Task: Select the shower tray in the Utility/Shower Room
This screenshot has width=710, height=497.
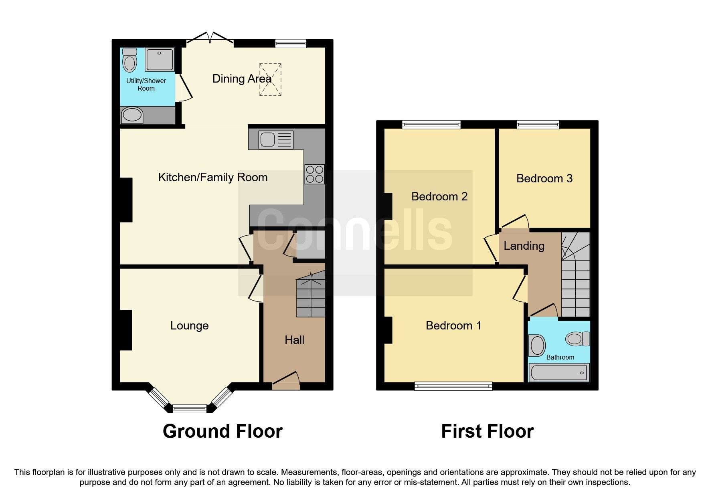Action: coord(160,59)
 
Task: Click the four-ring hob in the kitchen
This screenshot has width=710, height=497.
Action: coord(314,174)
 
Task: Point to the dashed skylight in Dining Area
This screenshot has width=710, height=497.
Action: coord(270,80)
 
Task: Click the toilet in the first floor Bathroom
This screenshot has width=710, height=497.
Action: coord(577,339)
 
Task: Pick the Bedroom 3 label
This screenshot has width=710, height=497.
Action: coord(544,178)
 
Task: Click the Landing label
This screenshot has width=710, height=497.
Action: coord(524,246)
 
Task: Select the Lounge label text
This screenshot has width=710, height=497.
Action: coord(189,325)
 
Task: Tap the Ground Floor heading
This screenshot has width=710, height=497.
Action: coord(223,431)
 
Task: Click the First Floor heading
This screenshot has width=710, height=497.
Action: coord(487,431)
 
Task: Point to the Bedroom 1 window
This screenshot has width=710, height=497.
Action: coord(453,386)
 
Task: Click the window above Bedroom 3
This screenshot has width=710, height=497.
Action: coord(538,124)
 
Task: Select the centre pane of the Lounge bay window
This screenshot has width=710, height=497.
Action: coord(189,408)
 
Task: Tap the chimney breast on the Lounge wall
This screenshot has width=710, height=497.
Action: coord(126,330)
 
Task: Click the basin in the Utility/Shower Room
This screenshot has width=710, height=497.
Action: coord(132,115)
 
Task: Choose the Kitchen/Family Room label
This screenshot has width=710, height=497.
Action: coord(212,177)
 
